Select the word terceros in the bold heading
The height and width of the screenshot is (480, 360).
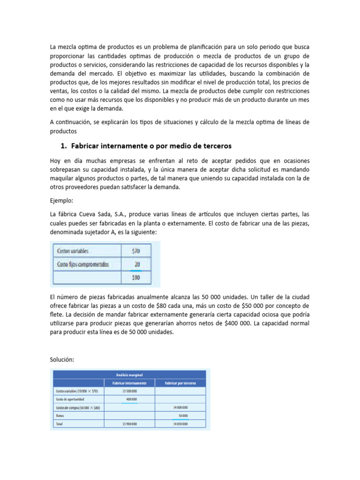point(214,145)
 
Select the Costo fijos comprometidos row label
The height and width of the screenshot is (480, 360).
point(82,264)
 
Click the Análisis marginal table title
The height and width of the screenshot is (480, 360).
point(129,375)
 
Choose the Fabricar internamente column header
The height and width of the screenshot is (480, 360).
point(129,383)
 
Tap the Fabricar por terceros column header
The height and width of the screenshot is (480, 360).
point(180,383)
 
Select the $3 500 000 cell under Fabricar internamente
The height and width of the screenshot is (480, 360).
point(129,391)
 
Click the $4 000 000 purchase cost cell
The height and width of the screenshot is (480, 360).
point(180,407)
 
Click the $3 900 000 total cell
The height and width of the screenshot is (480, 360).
point(129,424)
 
